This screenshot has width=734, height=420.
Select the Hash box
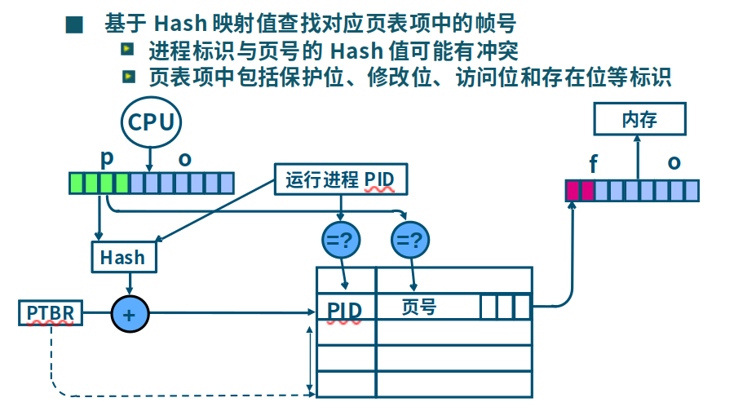point(122,258)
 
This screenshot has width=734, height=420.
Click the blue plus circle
point(129,313)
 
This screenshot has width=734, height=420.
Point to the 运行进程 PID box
point(340,179)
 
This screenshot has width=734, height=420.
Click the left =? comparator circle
point(341,240)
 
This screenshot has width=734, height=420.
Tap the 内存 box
point(639,120)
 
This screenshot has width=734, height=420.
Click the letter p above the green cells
point(105,157)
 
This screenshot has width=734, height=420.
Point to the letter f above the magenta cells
point(593,164)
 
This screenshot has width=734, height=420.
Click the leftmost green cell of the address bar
point(76,183)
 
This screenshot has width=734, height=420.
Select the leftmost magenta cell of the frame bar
point(573,191)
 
